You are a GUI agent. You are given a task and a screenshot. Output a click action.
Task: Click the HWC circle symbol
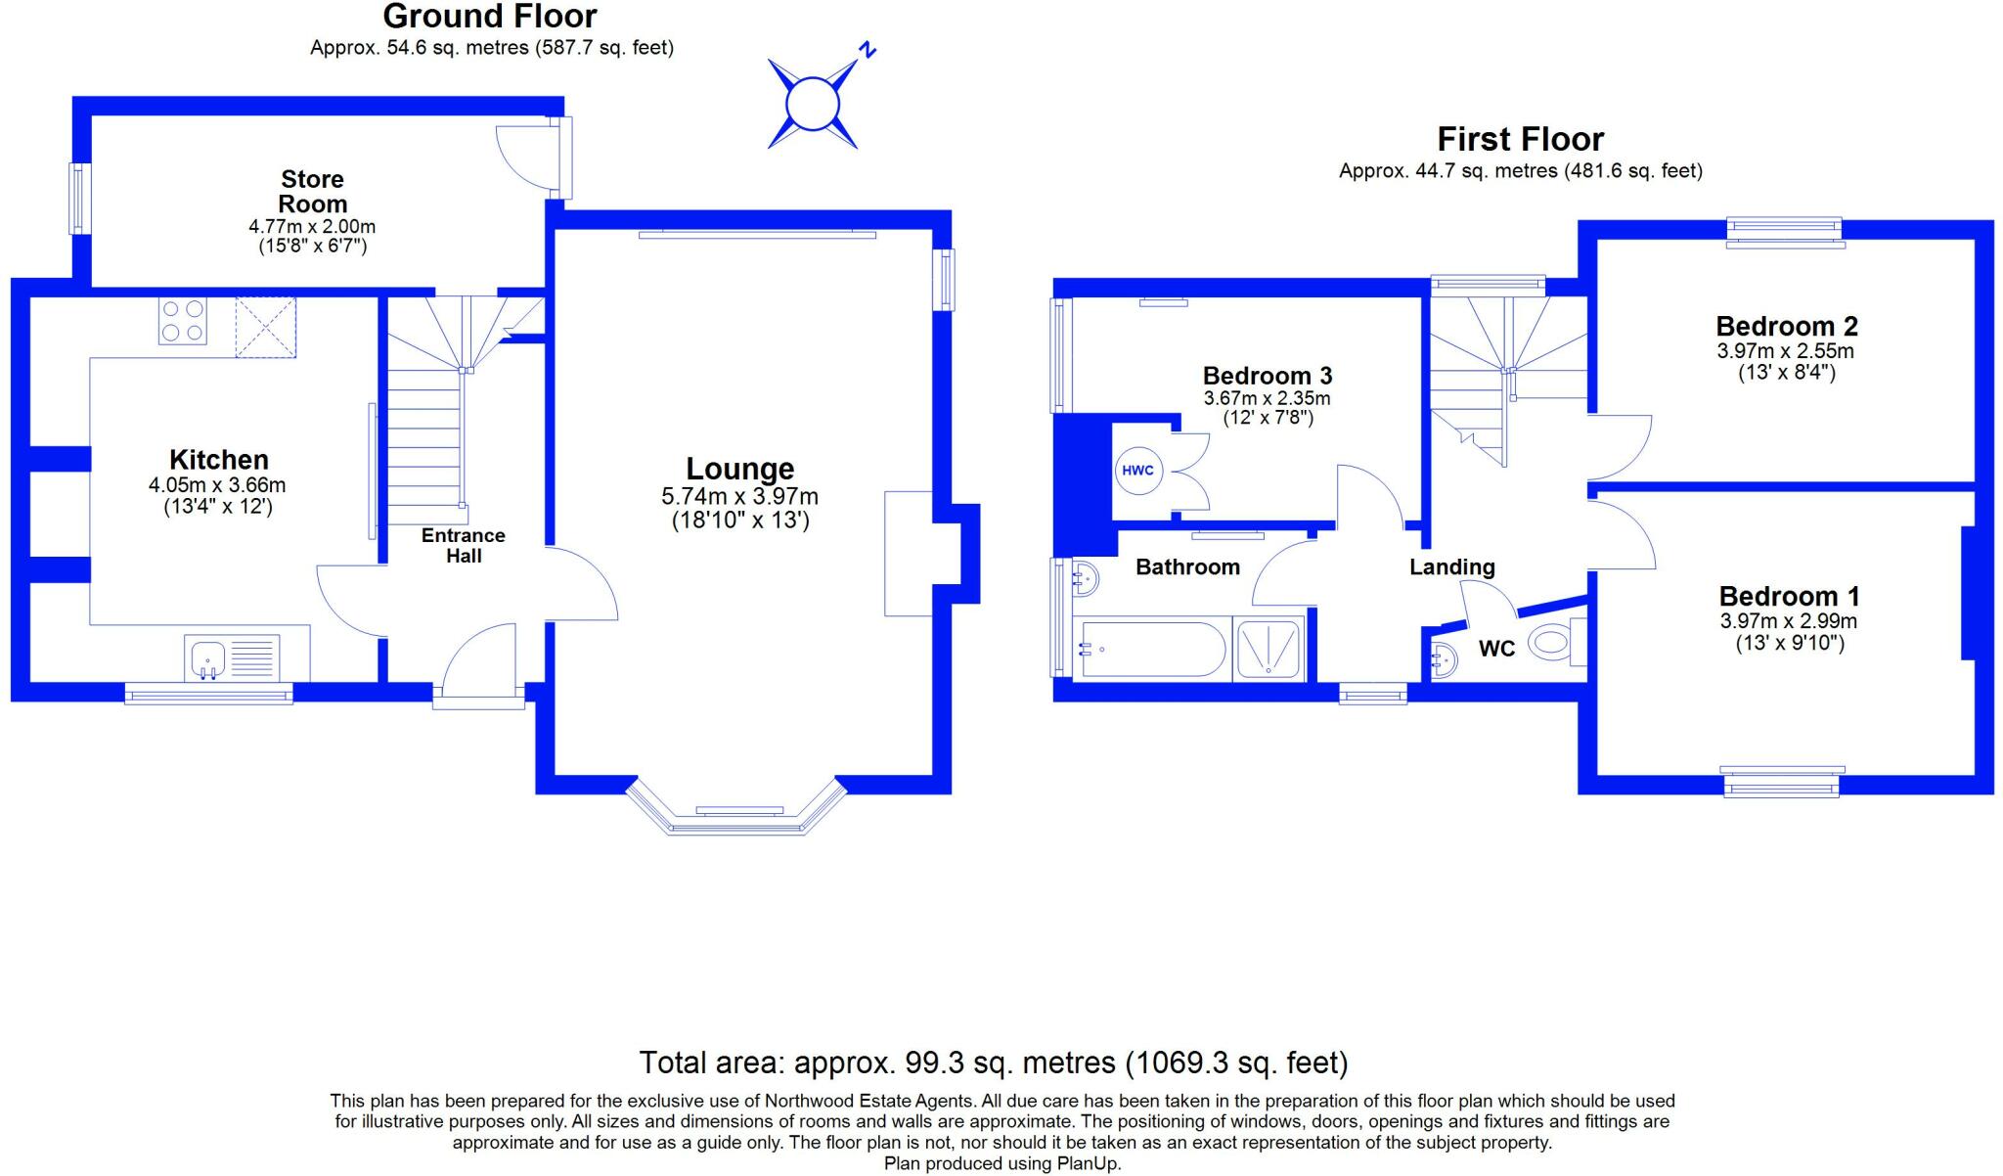[x=1137, y=471]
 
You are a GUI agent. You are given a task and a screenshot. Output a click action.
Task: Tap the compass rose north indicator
[x=813, y=103]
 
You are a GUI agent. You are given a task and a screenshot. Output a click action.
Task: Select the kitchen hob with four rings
[x=183, y=321]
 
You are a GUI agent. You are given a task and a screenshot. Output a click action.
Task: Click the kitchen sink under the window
[x=207, y=657]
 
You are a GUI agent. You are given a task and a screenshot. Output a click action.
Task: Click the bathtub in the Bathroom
[x=1150, y=650]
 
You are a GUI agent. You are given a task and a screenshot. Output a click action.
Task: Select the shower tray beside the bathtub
[x=1269, y=650]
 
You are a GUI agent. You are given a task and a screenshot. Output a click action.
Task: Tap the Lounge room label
[x=739, y=469]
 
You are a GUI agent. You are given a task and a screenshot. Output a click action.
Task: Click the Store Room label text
[x=312, y=192]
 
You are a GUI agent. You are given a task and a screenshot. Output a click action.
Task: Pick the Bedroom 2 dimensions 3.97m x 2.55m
[x=1785, y=351]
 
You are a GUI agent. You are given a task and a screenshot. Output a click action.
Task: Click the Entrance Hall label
[x=464, y=546]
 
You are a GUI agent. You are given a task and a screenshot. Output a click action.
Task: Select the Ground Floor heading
[x=490, y=17]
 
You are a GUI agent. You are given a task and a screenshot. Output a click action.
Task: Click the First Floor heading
[x=1520, y=139]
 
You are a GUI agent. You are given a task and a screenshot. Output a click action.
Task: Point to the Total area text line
[x=993, y=1063]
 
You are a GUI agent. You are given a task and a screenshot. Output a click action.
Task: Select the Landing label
[x=1451, y=567]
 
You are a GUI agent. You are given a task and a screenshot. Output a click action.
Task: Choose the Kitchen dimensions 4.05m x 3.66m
[x=217, y=485]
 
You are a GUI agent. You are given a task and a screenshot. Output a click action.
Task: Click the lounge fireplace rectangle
[x=908, y=554]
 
